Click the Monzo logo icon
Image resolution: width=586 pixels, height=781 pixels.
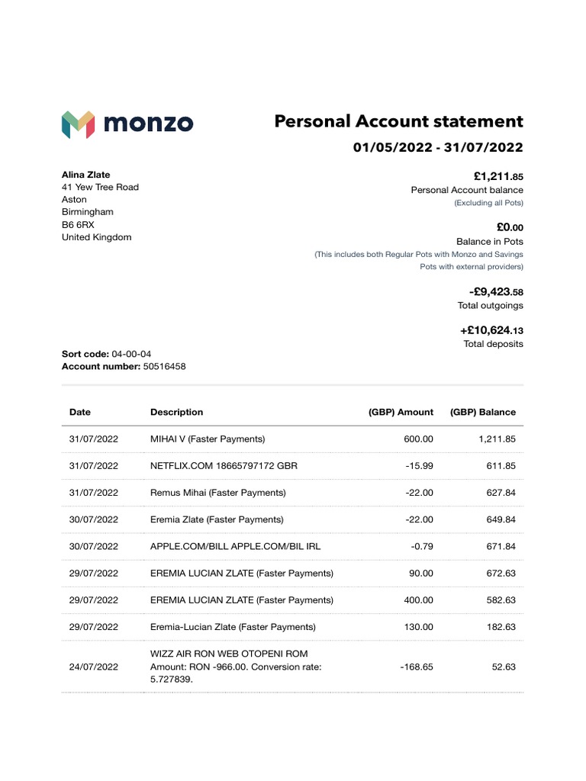78,124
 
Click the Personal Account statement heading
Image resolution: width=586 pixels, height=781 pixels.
398,122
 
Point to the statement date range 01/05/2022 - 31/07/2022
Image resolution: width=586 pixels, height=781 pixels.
438,147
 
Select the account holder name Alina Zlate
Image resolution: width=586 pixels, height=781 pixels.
85,175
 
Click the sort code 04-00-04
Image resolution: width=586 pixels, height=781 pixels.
131,354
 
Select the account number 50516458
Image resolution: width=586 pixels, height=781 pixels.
164,366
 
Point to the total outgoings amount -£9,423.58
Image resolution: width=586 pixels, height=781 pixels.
496,292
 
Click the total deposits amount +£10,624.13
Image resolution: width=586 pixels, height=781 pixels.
491,331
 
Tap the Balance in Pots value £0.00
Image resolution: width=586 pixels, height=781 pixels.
509,227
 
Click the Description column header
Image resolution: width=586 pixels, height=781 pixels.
176,412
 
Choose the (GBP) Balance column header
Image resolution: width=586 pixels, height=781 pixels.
482,412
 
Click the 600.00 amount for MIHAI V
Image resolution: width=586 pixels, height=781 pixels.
418,439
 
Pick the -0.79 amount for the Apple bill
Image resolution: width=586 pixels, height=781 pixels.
420,546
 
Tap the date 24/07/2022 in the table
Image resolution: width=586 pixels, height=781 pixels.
93,667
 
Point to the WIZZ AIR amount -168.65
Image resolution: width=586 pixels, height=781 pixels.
417,667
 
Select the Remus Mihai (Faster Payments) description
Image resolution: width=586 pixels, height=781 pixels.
217,493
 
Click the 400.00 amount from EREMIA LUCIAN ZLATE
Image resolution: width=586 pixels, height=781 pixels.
418,600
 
